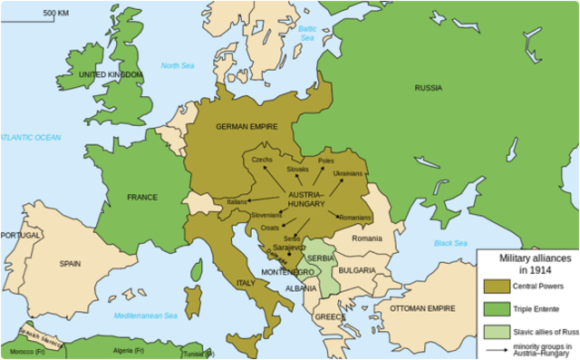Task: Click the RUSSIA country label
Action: point(429,88)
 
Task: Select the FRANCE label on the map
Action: point(142,197)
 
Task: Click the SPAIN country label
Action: point(70,264)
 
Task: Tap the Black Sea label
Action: point(449,244)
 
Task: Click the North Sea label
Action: point(178,65)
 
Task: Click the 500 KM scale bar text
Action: point(56,14)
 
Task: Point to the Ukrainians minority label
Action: point(348,173)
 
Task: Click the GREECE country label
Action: point(331,317)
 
